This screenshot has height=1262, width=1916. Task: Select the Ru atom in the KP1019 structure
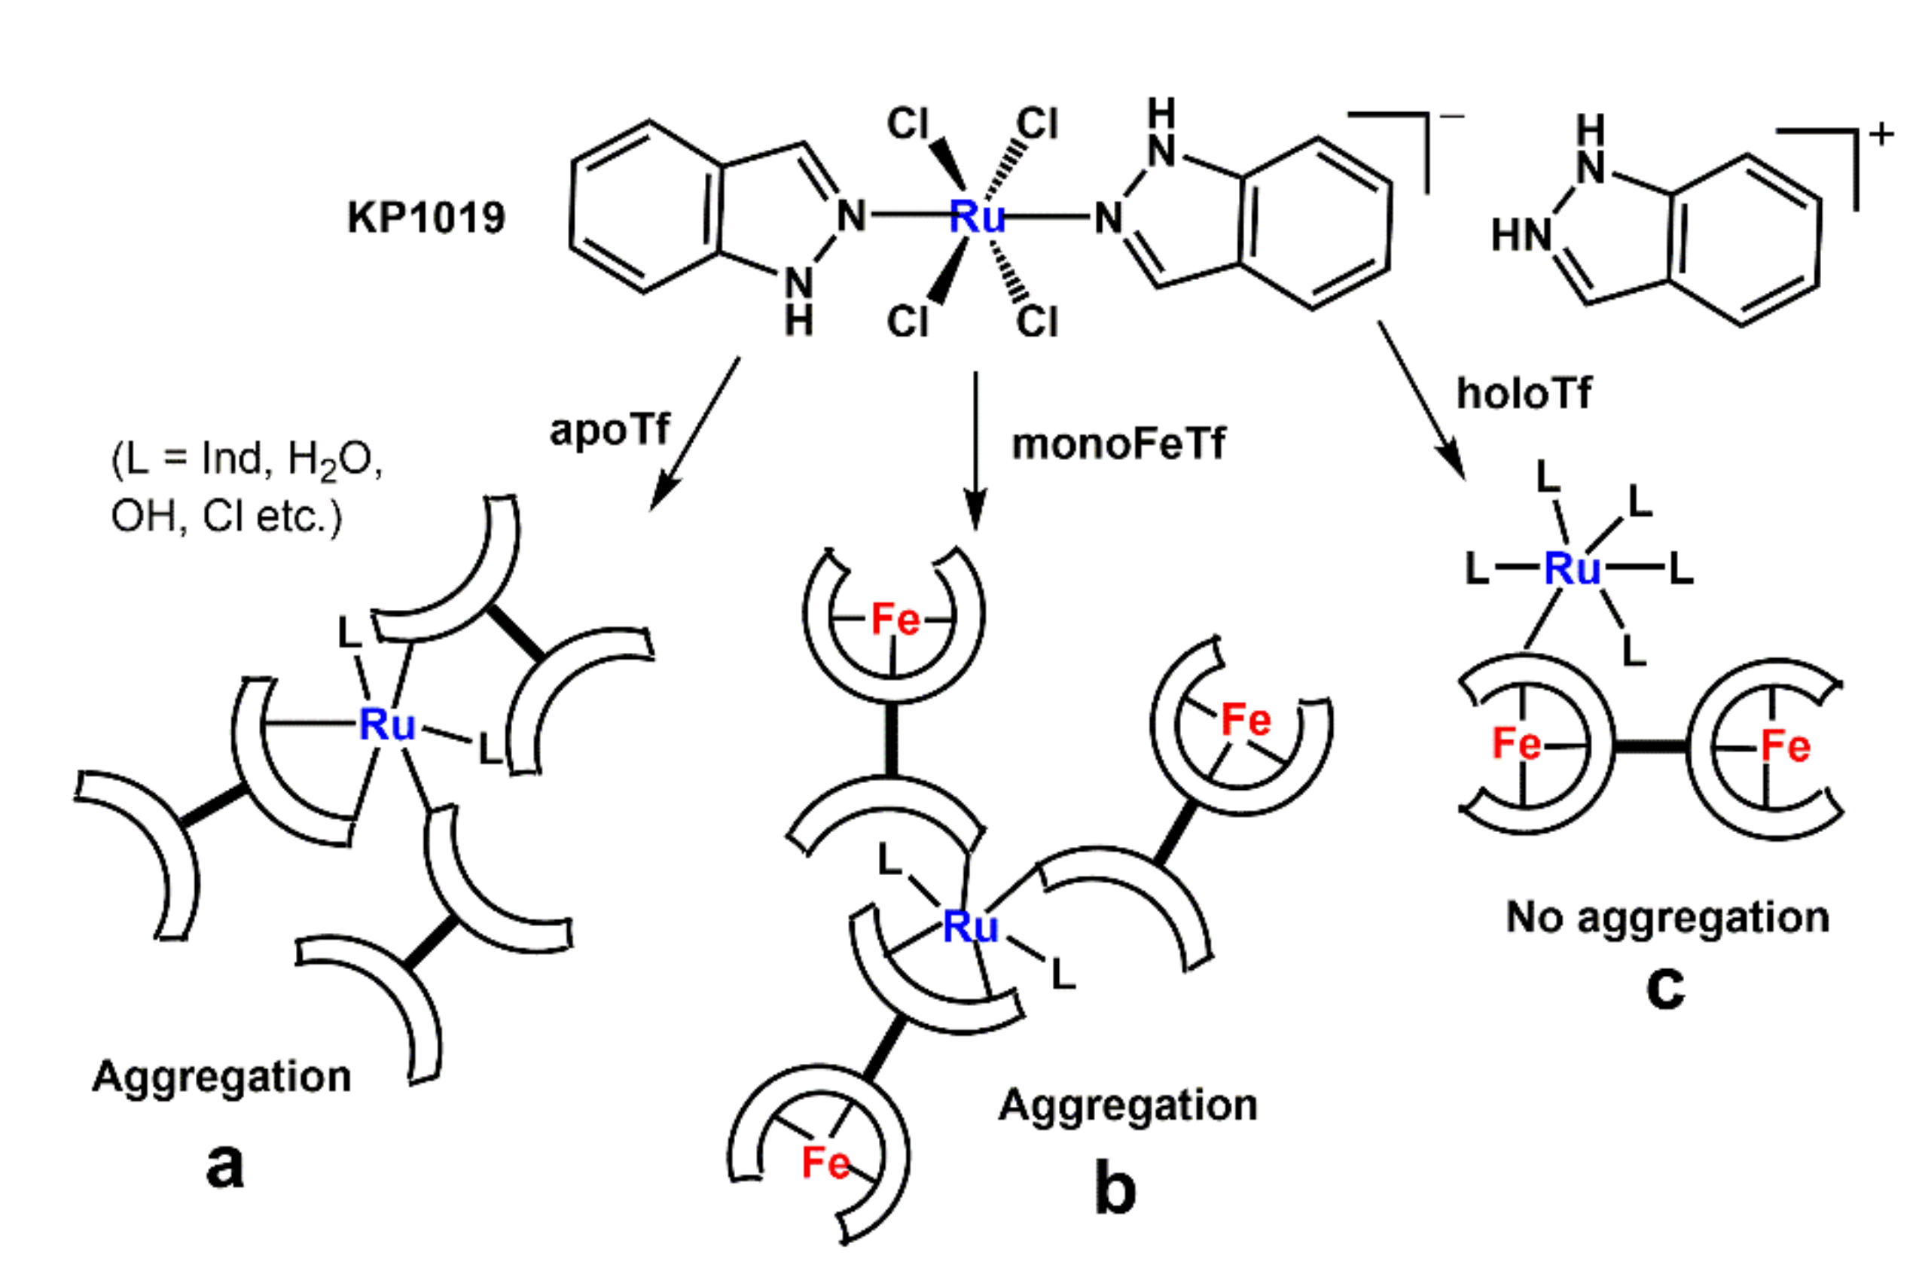pos(977,215)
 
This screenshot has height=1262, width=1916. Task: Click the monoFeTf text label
pos(1118,444)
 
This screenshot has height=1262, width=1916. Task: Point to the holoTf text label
pos(1524,394)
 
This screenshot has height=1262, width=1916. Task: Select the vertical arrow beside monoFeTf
pos(976,451)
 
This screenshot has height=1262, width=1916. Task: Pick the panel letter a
pos(224,1165)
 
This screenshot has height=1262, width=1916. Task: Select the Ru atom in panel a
pos(387,724)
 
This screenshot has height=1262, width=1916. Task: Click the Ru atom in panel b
pos(970,926)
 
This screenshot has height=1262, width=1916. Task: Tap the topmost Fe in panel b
pos(895,620)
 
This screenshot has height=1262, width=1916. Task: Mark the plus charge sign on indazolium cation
pos(1881,135)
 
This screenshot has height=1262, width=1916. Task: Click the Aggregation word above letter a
pos(222,1076)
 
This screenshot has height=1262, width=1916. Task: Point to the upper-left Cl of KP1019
pos(908,123)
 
